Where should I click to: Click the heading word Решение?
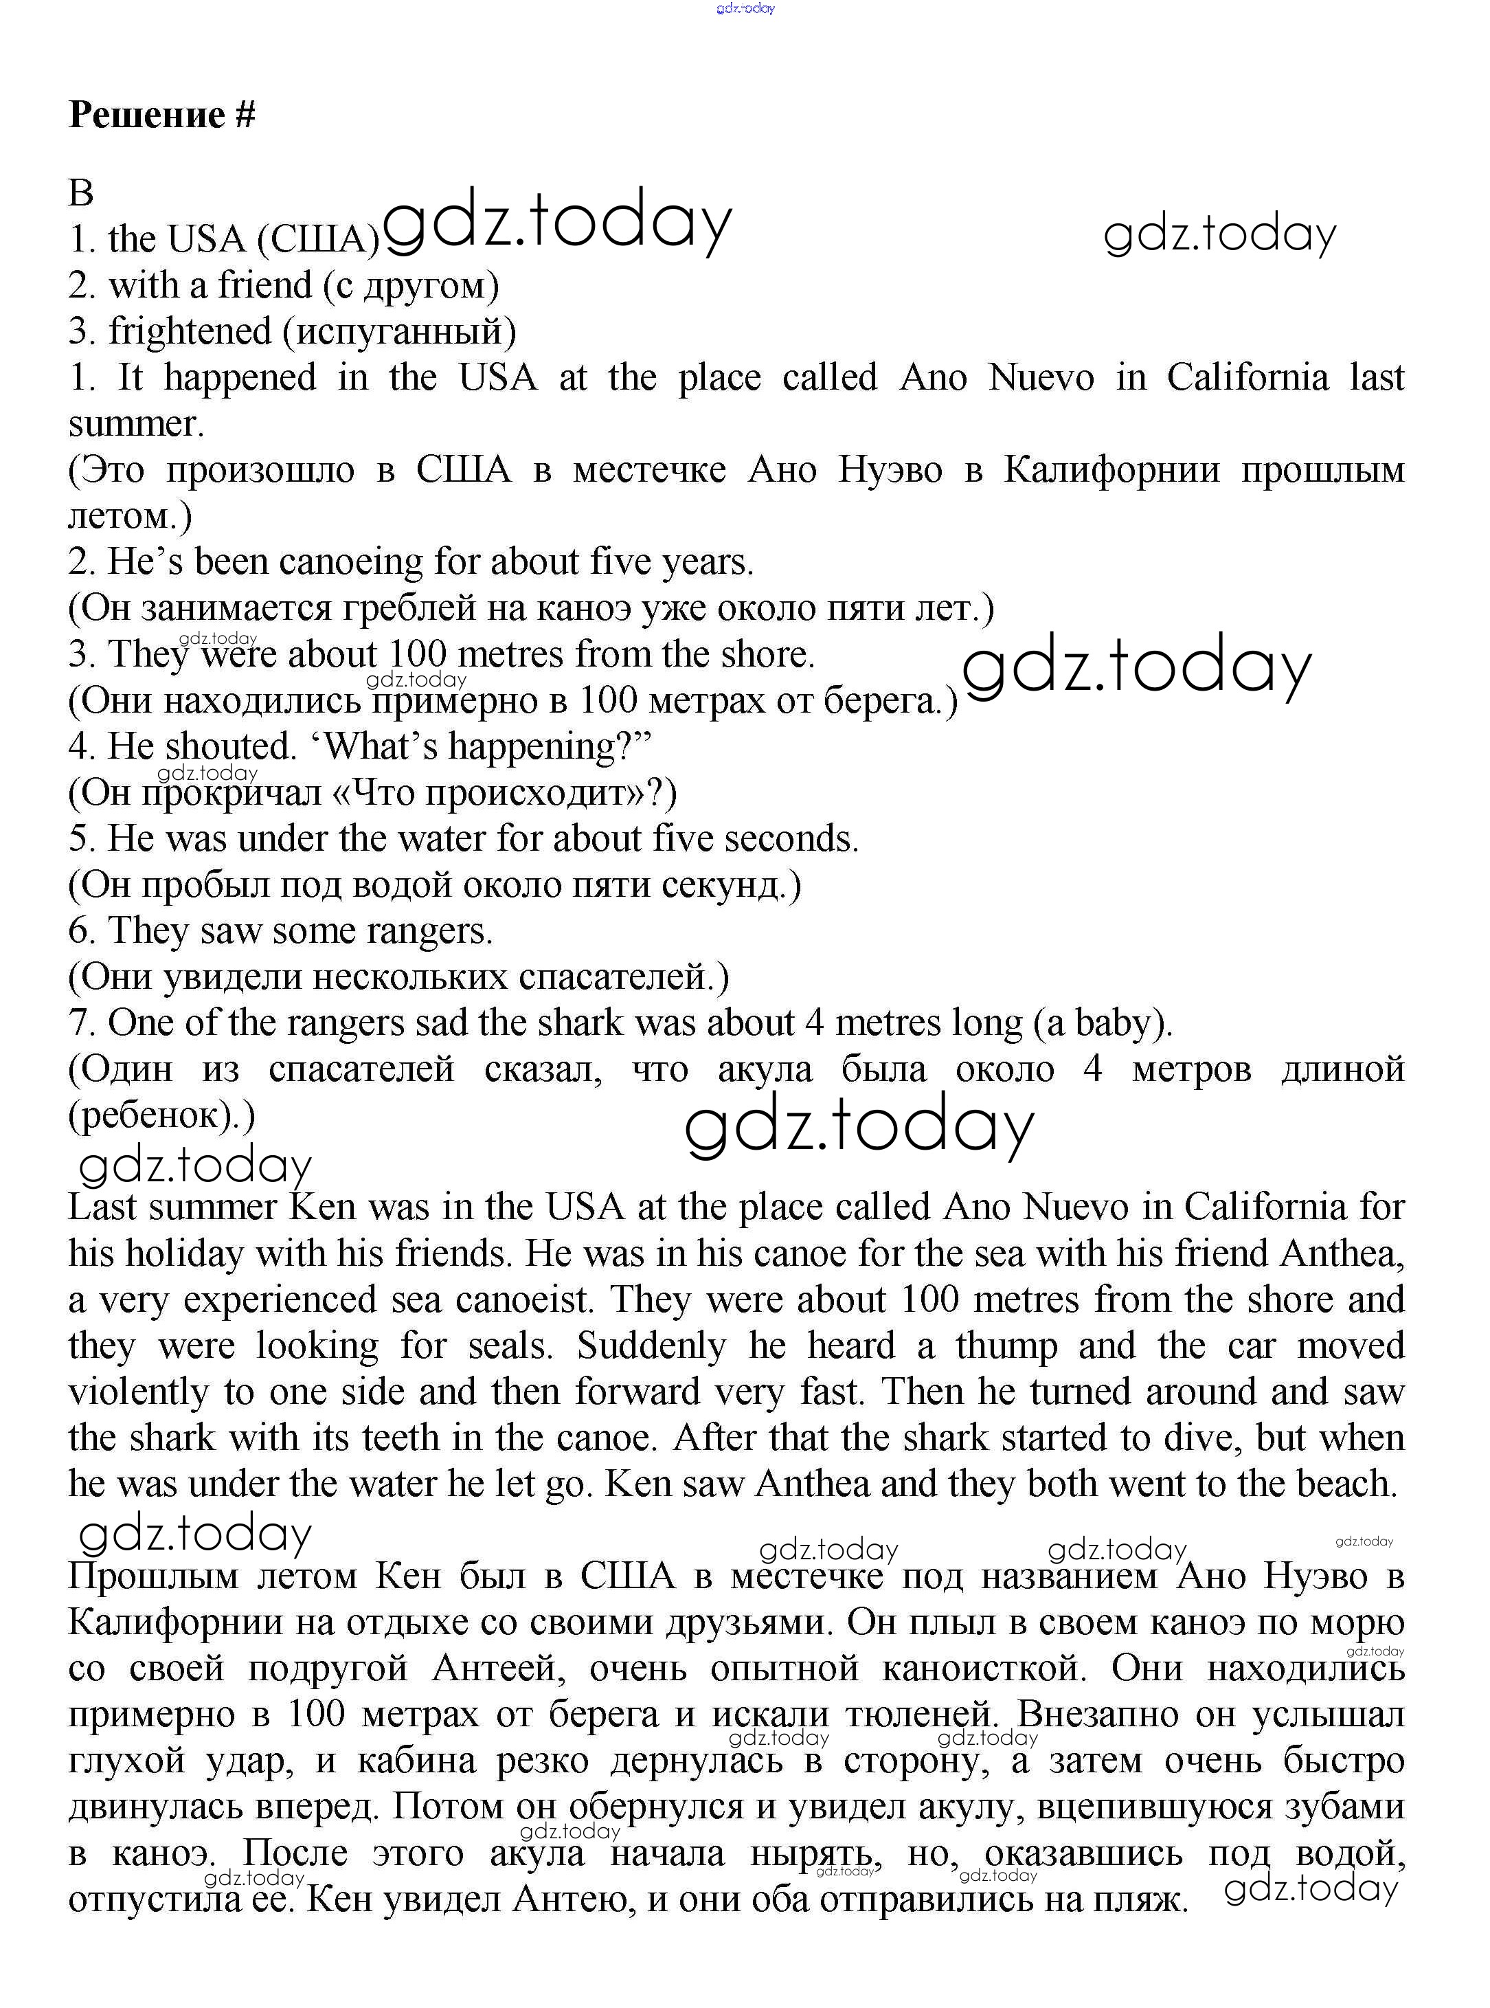click(x=146, y=115)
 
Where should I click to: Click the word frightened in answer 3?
click(x=190, y=331)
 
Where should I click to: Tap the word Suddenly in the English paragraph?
click(x=651, y=1347)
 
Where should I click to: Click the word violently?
click(x=138, y=1393)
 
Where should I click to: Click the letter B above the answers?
click(x=81, y=192)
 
